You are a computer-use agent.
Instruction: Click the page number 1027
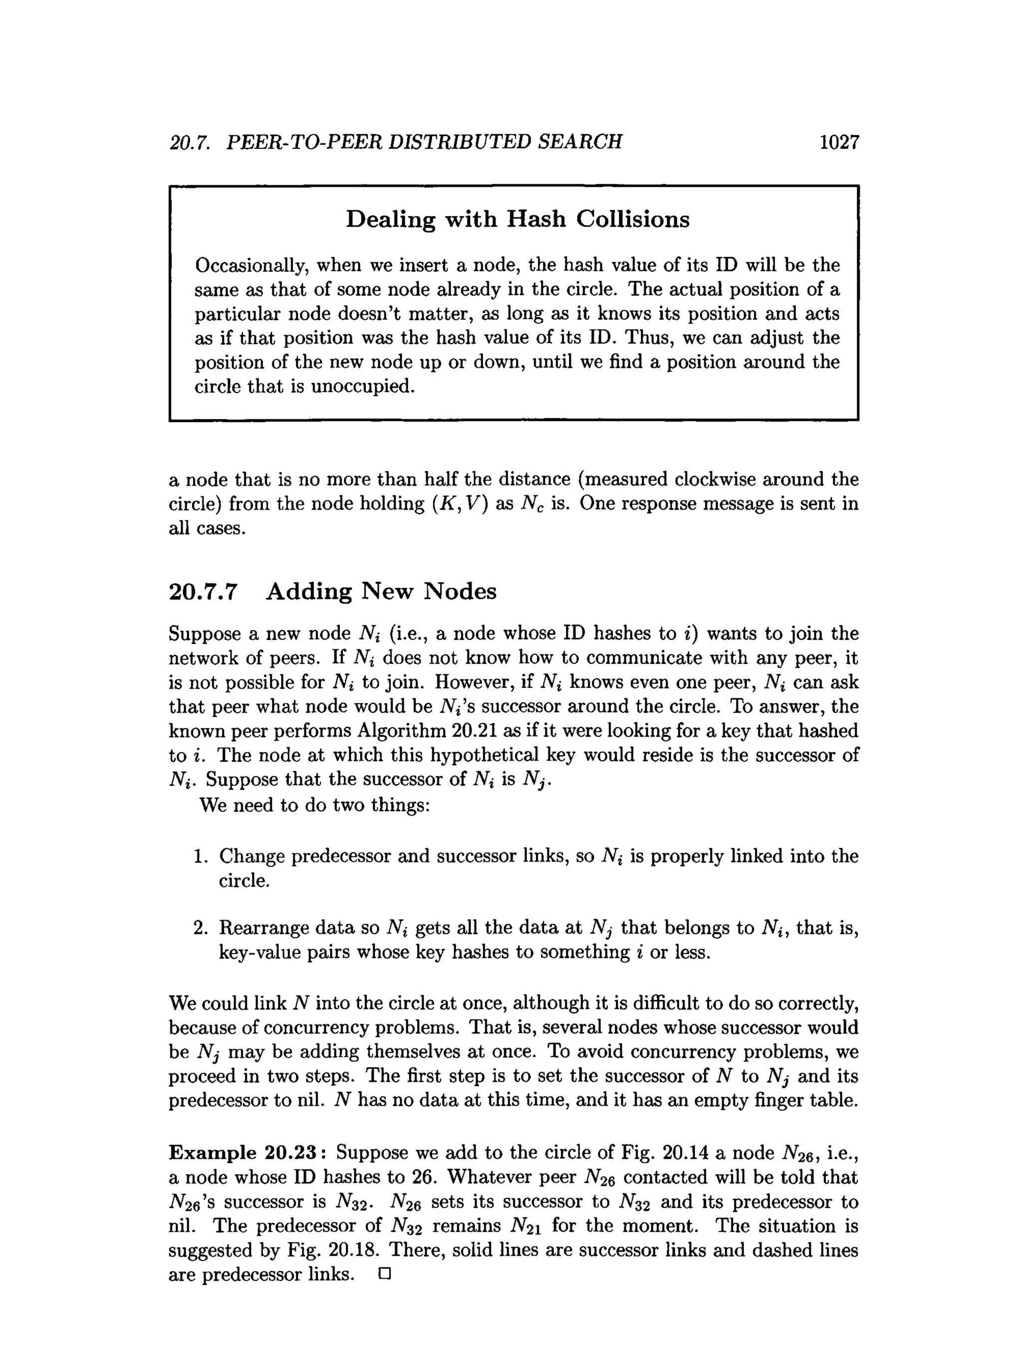(x=839, y=142)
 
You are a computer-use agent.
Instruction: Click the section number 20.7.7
(x=202, y=591)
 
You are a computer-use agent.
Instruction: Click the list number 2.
(x=201, y=928)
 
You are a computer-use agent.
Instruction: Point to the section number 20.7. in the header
(x=190, y=142)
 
